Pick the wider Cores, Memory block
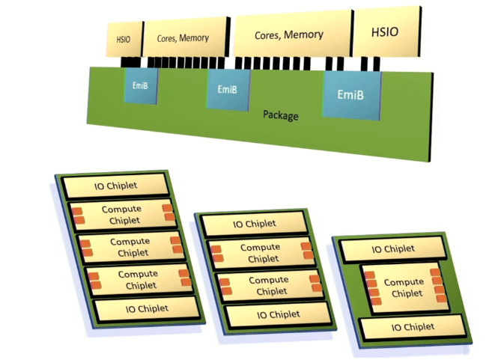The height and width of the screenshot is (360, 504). [x=289, y=35]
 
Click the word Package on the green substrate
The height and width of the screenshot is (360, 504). [x=281, y=115]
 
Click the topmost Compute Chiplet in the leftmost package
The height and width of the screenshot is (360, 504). [x=121, y=213]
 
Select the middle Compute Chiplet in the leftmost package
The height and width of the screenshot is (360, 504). [x=130, y=246]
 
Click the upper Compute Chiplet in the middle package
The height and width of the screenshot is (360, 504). [x=259, y=253]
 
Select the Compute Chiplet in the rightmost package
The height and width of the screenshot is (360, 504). [x=402, y=287]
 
